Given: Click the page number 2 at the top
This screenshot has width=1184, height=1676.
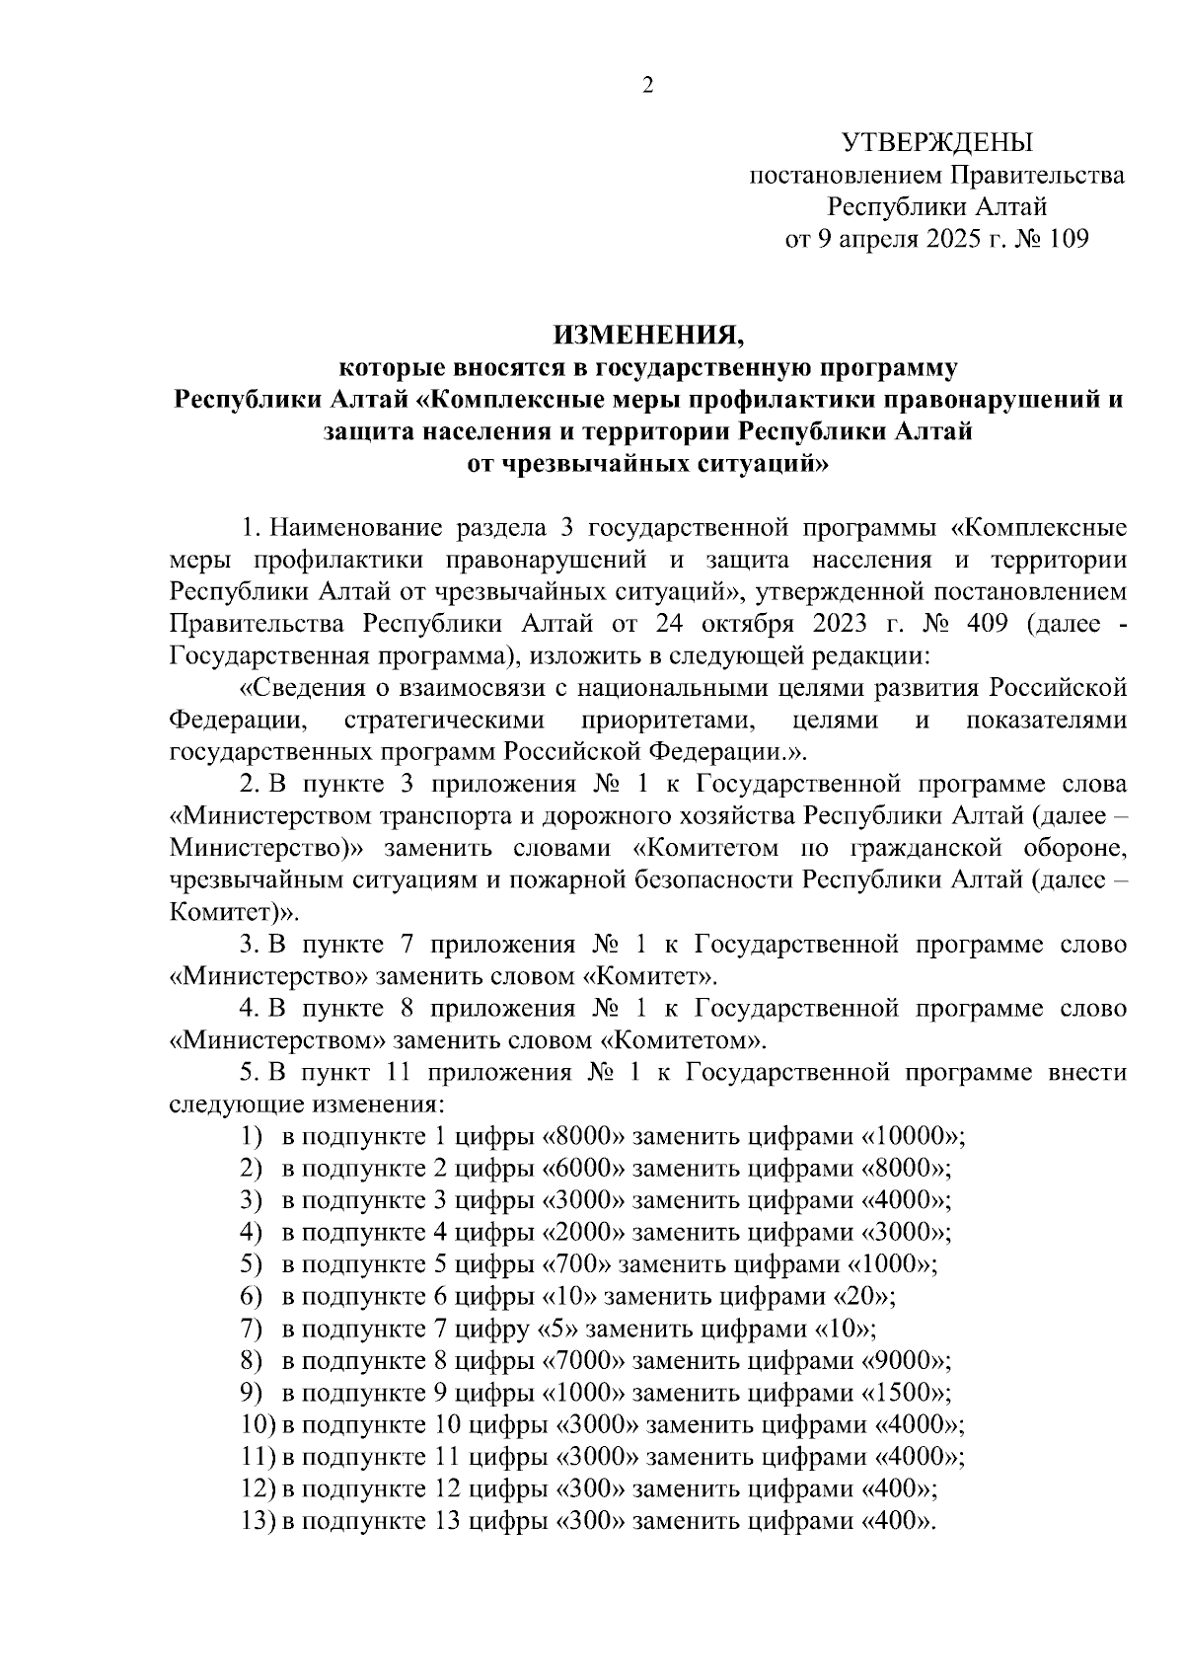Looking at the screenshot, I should point(648,86).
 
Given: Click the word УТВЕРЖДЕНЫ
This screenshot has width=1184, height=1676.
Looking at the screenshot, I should point(936,144).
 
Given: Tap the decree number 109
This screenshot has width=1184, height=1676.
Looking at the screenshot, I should point(1067,239).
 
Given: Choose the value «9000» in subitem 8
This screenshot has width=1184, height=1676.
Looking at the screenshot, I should point(904,1361).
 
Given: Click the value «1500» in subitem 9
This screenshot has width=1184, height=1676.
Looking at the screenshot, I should point(904,1393).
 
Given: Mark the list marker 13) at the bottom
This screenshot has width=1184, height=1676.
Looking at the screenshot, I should point(259,1521).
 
